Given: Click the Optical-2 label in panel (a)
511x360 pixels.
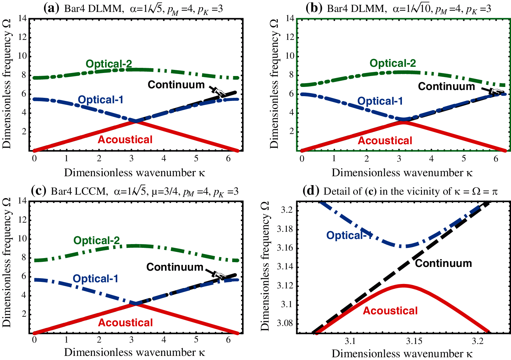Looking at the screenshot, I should click(x=109, y=64).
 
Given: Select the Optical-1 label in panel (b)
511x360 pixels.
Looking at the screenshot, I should click(x=380, y=101).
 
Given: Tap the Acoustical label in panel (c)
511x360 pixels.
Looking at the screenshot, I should click(x=125, y=322).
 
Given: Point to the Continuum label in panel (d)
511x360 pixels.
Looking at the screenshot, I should click(x=443, y=263).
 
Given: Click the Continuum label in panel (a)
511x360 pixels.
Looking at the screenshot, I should click(x=176, y=85).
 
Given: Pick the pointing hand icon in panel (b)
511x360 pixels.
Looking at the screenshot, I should click(x=496, y=91).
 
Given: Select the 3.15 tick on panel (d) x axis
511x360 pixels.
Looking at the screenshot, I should click(x=414, y=341).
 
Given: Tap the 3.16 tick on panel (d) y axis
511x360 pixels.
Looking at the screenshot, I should click(x=285, y=247).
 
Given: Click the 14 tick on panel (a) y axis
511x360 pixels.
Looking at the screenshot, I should click(x=22, y=18).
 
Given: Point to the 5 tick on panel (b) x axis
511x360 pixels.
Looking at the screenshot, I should click(x=464, y=159).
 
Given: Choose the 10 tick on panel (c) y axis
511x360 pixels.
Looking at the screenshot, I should click(x=22, y=238).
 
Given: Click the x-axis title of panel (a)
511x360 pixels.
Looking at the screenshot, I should click(x=135, y=172).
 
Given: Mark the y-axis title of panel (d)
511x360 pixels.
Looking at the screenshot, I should click(x=265, y=266).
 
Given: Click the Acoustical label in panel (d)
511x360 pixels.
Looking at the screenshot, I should click(x=390, y=311).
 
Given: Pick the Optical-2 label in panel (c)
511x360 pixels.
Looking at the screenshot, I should click(x=96, y=240).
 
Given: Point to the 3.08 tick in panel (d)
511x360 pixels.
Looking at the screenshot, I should click(x=285, y=323).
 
